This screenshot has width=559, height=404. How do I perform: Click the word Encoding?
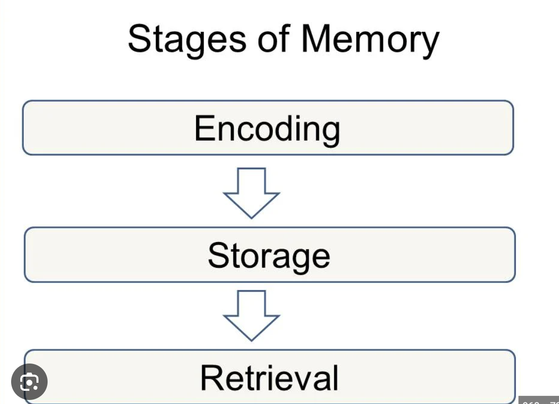[x=267, y=129]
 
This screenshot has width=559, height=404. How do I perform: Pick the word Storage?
[x=269, y=256]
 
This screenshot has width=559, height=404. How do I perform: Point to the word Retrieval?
[x=269, y=378]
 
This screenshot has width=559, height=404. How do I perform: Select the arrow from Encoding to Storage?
[x=252, y=193]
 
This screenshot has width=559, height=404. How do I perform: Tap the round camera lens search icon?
[x=29, y=381]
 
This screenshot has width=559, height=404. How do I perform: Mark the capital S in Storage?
[x=217, y=255]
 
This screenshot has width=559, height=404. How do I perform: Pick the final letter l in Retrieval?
[x=335, y=377]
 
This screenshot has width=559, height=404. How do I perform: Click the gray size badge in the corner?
[x=539, y=399]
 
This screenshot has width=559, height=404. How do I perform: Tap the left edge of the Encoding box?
[x=23, y=128]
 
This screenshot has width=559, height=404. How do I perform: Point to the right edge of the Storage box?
[x=514, y=255]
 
